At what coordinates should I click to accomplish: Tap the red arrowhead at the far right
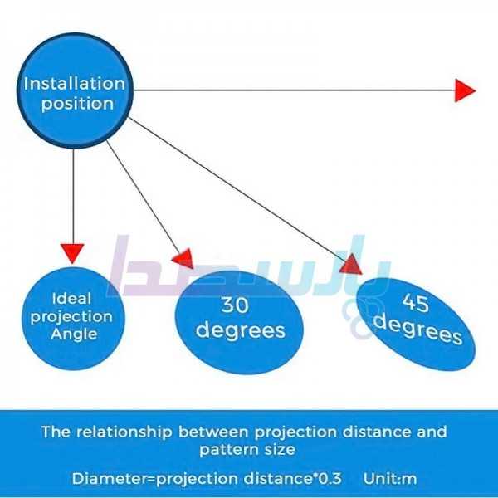465,90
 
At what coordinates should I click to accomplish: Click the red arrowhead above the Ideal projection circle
73,251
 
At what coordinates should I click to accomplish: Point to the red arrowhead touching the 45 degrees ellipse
351,263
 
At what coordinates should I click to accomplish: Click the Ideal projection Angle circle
73,315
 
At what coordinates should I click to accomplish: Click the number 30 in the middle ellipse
235,305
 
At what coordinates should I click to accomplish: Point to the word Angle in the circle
74,334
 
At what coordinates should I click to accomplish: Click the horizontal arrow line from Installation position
290,90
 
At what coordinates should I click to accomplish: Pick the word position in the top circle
75,104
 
